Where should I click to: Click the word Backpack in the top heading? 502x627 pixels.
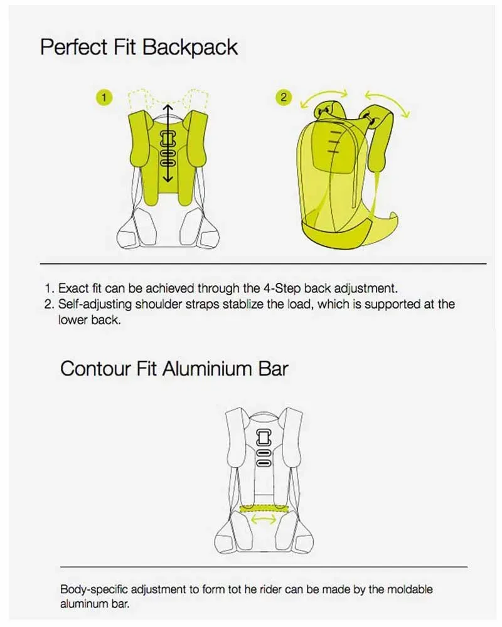(190, 47)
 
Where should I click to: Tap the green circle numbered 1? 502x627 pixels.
(104, 98)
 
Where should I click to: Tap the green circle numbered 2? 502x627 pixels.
(284, 98)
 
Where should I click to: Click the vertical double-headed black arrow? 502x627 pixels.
(168, 143)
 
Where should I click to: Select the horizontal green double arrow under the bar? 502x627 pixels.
(264, 519)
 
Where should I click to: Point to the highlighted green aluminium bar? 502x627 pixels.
(264, 508)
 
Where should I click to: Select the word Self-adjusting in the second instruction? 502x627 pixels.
(95, 304)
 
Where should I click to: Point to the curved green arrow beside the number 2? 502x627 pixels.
(323, 98)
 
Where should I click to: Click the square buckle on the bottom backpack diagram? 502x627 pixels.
(264, 438)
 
